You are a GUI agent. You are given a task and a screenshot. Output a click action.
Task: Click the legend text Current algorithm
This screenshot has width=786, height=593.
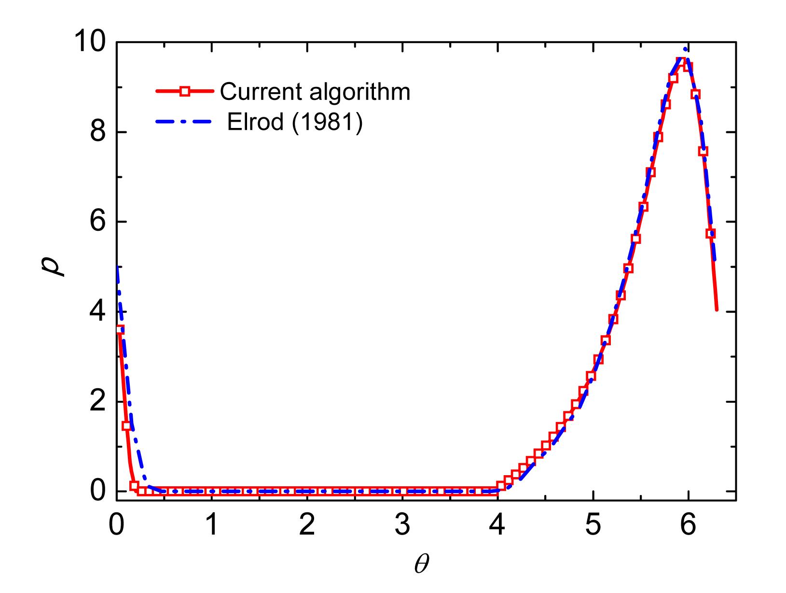pos(315,91)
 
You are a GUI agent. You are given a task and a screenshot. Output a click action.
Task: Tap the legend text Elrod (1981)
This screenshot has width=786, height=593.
pos(295,123)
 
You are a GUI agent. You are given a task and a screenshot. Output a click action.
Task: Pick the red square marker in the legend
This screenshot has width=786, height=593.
pos(184,91)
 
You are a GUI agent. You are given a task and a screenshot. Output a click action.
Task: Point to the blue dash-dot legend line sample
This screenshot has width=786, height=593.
pos(184,123)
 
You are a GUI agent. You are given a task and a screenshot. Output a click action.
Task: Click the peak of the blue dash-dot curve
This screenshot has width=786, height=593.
pos(685,49)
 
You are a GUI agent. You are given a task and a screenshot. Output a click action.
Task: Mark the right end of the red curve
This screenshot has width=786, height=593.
pos(717,310)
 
